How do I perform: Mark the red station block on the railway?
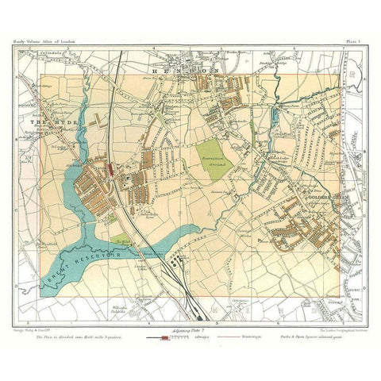109,168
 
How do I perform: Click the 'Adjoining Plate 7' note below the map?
183,328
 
